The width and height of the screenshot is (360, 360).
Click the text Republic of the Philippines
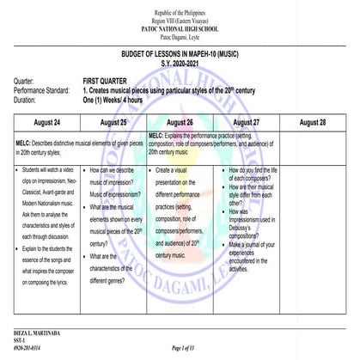[x=180, y=9]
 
